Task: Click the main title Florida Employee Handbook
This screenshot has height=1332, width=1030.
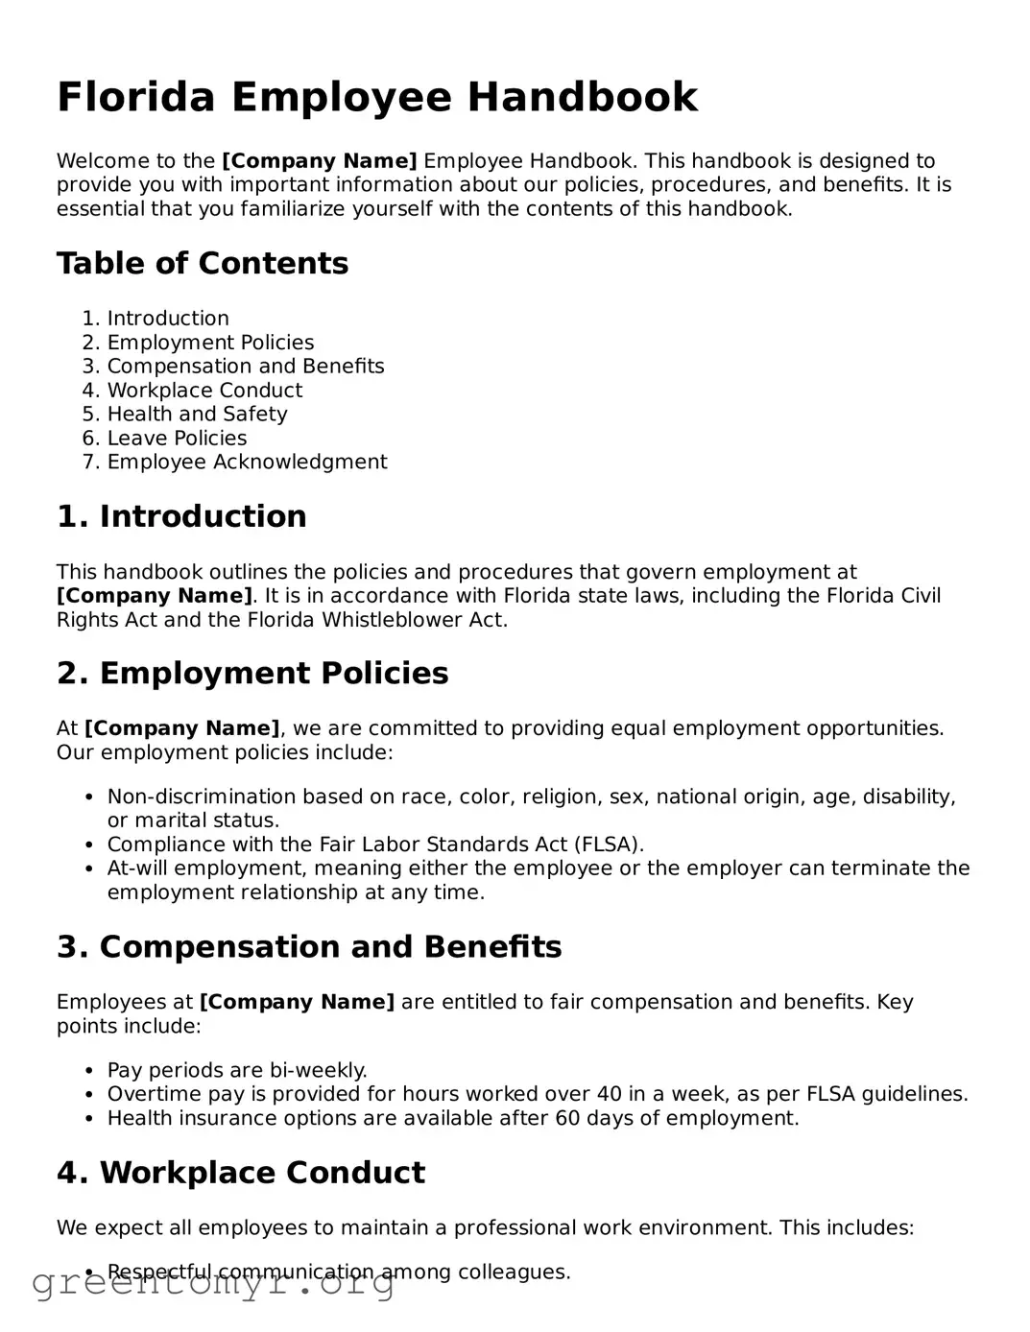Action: (377, 98)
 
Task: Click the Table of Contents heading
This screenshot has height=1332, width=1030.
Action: (203, 264)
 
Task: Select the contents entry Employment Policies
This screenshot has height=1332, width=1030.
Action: (210, 343)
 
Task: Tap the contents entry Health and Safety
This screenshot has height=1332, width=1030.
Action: (197, 414)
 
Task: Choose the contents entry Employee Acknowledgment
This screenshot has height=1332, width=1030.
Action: (247, 462)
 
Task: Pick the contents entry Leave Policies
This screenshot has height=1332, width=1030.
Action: (177, 438)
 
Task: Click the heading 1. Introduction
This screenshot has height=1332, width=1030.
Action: (181, 516)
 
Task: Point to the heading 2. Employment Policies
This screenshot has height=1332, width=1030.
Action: (252, 674)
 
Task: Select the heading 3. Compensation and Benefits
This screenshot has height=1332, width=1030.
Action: (309, 947)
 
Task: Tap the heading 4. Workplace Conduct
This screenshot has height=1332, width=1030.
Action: (241, 1173)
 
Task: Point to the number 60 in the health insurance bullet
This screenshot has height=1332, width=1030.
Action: (568, 1118)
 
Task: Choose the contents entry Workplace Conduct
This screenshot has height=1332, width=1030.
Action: (204, 391)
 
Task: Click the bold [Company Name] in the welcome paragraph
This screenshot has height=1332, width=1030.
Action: (320, 161)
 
